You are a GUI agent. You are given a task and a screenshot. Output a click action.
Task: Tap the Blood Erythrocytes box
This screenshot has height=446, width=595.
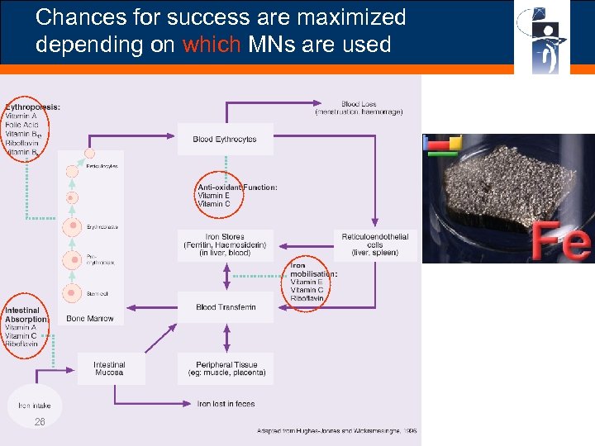click(x=224, y=140)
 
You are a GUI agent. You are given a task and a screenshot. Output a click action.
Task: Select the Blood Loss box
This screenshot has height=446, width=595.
click(x=358, y=108)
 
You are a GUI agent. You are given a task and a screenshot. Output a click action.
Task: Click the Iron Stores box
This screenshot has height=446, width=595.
click(x=225, y=245)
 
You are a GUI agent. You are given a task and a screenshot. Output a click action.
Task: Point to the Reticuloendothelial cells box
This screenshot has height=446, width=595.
click(x=374, y=245)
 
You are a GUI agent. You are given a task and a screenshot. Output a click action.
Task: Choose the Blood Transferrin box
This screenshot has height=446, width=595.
click(x=226, y=307)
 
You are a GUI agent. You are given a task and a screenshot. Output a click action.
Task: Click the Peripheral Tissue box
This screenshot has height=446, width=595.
click(x=226, y=368)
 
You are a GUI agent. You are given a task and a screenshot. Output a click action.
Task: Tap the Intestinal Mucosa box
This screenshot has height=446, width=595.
click(x=109, y=368)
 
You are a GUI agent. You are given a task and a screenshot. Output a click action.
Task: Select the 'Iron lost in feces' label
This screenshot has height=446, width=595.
click(x=226, y=404)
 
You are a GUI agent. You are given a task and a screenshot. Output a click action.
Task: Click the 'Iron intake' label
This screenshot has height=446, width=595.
click(x=35, y=405)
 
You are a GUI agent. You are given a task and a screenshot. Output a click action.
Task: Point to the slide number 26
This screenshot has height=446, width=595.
click(x=40, y=422)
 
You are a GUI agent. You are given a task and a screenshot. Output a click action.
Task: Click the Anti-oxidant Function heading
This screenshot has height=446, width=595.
click(x=237, y=187)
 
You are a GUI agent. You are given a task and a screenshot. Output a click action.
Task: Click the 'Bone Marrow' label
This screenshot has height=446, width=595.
click(x=90, y=319)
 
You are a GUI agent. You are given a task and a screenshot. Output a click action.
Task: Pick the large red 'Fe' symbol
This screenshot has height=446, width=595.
click(x=561, y=240)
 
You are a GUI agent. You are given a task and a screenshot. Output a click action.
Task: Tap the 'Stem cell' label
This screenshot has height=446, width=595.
click(x=97, y=293)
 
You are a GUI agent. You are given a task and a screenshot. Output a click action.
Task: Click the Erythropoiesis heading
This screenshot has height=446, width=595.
click(x=32, y=107)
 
